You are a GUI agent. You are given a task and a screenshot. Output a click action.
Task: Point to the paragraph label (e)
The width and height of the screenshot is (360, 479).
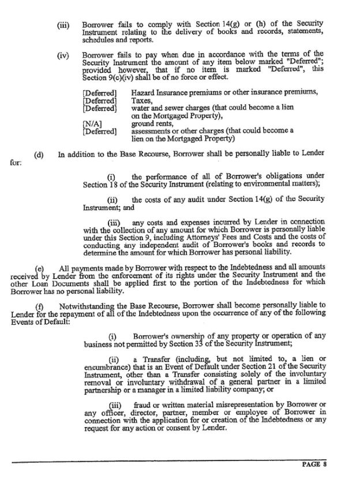[40, 268]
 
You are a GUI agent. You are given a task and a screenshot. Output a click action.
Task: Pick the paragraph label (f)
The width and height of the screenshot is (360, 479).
[40, 304]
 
